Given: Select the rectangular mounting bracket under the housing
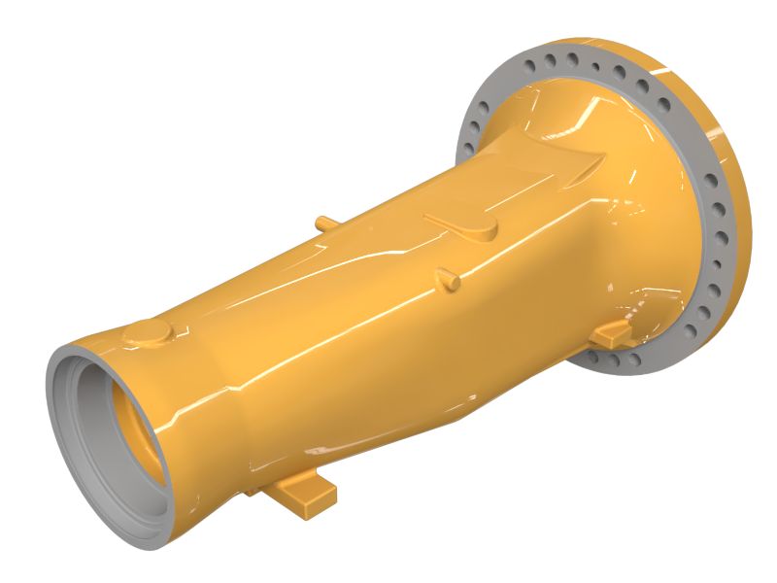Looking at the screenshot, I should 302,493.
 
